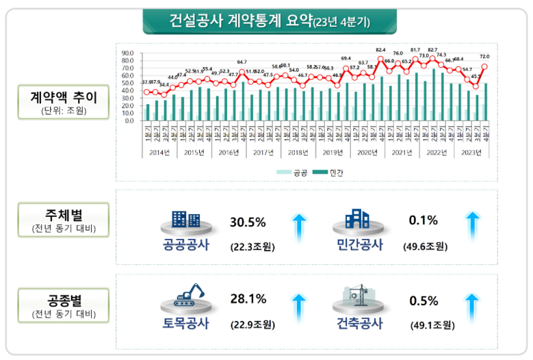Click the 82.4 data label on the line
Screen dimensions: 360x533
pyautogui.click(x=381, y=50)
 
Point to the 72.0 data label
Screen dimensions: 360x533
pyautogui.click(x=484, y=57)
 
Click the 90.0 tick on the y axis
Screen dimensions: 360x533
pyautogui.click(x=128, y=53)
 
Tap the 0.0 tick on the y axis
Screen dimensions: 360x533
pyautogui.click(x=128, y=120)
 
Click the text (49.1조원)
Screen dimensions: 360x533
pyautogui.click(x=430, y=324)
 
